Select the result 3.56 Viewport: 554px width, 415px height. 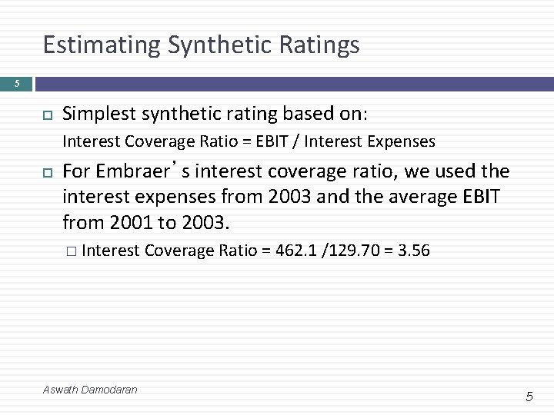(413, 251)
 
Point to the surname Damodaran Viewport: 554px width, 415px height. (109, 390)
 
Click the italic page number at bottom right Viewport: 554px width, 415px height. (529, 397)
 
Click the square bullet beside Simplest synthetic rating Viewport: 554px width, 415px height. (45, 115)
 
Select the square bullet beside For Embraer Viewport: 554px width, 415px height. (45, 171)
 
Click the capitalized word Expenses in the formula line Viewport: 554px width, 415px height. (402, 141)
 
